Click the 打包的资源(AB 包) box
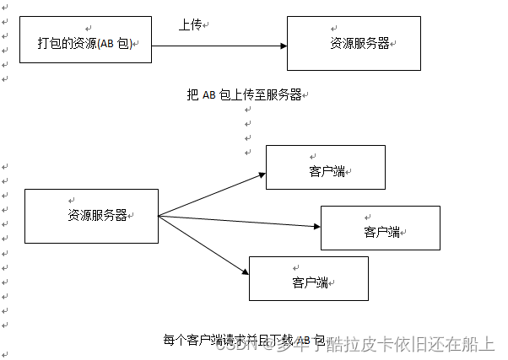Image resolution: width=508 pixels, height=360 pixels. click(x=85, y=40)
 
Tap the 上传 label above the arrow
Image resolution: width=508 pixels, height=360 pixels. click(x=190, y=25)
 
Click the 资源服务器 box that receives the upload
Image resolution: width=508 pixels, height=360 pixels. click(x=354, y=43)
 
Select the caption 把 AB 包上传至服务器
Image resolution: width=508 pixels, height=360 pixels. click(x=244, y=94)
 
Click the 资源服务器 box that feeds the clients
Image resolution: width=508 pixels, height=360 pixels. click(x=91, y=216)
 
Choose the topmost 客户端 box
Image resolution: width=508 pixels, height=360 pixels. click(x=325, y=167)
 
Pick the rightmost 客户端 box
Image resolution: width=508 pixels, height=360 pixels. click(x=380, y=228)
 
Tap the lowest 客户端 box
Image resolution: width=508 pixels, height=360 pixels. click(x=308, y=278)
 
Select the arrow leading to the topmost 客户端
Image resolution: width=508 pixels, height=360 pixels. click(x=211, y=195)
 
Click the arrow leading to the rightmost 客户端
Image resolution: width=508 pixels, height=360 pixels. click(x=240, y=221)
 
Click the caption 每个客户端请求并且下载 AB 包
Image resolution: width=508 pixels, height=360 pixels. click(x=243, y=340)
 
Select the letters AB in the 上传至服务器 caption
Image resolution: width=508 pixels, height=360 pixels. click(x=209, y=94)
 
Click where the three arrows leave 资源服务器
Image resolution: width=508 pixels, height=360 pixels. click(x=159, y=216)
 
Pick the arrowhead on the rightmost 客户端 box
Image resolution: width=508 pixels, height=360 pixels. click(x=316, y=226)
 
